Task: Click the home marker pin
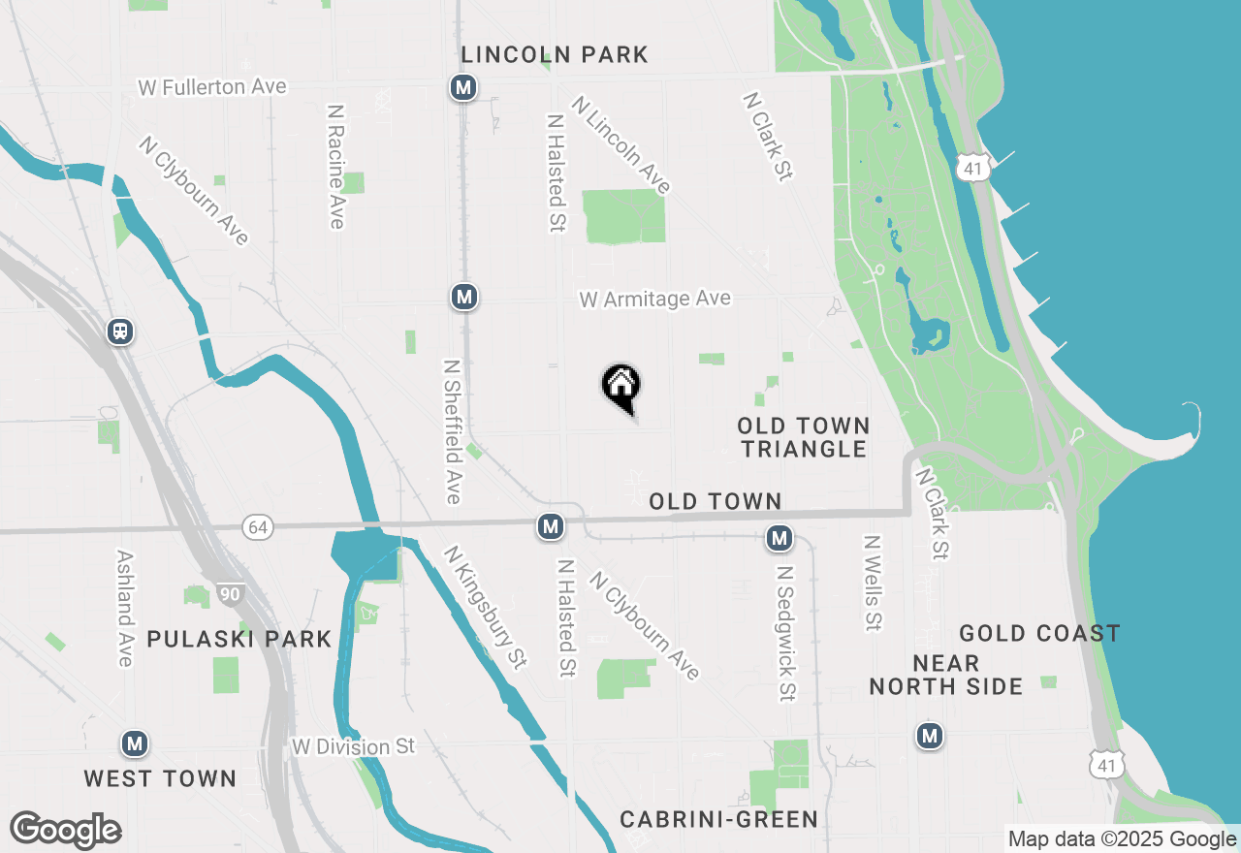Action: point(620,387)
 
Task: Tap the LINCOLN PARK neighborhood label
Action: point(555,54)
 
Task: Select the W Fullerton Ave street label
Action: point(212,87)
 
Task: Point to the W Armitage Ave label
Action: point(654,300)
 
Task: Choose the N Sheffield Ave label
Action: point(452,432)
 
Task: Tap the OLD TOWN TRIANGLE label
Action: point(803,437)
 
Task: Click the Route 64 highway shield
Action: point(259,527)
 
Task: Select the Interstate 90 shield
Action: point(230,593)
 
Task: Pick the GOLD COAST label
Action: point(1039,634)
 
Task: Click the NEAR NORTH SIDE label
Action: point(945,676)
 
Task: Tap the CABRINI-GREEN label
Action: point(718,819)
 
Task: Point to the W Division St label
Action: point(353,747)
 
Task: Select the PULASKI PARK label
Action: point(239,640)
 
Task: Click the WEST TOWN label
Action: point(160,778)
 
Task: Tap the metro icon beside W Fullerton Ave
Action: point(463,88)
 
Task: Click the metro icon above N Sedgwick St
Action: point(780,538)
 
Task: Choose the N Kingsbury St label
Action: point(485,608)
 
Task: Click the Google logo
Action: point(66,830)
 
